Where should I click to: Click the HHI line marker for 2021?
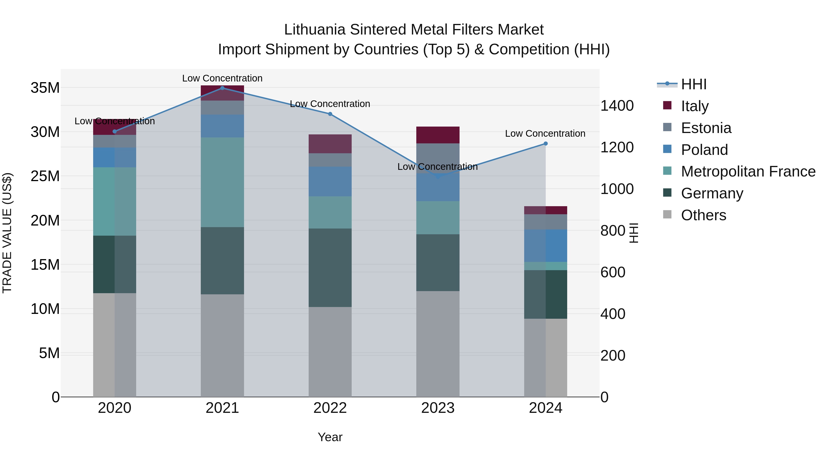tap(222, 88)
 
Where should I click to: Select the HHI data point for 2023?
tap(437, 177)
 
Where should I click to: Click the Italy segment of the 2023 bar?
tap(437, 135)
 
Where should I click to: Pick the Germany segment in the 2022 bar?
tap(330, 268)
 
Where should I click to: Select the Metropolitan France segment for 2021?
tap(222, 182)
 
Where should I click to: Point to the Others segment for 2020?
tap(115, 345)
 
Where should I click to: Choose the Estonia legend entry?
tap(706, 128)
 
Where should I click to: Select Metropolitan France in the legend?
tap(748, 171)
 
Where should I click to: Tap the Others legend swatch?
tap(667, 214)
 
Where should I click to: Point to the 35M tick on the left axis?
tap(45, 88)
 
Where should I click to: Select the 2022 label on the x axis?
tap(330, 408)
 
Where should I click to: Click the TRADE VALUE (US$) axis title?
tap(7, 233)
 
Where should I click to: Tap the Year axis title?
tap(330, 437)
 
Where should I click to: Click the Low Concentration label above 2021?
tap(222, 78)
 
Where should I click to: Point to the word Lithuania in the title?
tap(315, 30)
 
